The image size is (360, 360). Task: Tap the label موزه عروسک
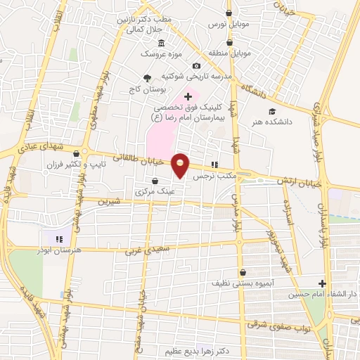click(x=153, y=53)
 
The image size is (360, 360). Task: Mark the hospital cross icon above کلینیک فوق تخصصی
click(x=187, y=96)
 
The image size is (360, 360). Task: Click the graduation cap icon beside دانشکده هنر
click(x=271, y=112)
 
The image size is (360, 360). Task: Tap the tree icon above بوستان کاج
click(x=146, y=78)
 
